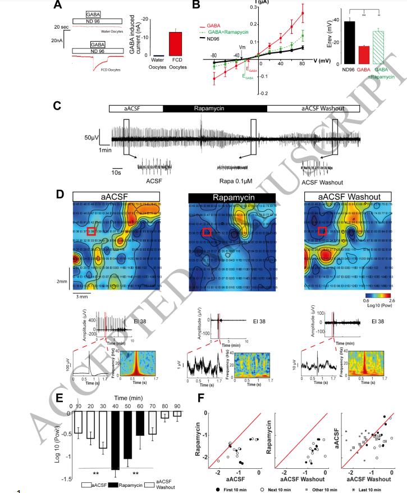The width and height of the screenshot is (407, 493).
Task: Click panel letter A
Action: (x=57, y=6)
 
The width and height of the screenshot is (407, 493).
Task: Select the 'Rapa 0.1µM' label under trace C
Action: (x=235, y=182)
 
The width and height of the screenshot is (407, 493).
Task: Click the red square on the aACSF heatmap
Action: (x=92, y=231)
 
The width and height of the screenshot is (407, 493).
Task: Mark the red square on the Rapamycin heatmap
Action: (x=207, y=232)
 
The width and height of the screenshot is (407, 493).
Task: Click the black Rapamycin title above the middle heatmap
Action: (x=232, y=197)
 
